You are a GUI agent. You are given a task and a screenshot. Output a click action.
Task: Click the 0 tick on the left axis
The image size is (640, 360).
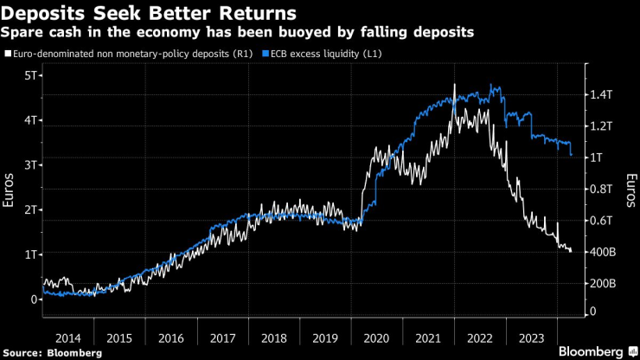pos(34,299)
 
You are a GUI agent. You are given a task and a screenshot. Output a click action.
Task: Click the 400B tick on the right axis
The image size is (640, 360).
pos(603,252)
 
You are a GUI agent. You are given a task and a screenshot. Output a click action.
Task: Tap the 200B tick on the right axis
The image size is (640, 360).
pos(603,284)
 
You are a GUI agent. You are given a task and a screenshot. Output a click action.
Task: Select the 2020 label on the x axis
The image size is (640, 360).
pos(378,337)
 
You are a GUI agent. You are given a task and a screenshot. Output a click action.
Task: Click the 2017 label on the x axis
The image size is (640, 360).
pos(222,337)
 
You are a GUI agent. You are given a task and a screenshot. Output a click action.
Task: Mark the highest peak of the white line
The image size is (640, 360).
pos(454,85)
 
